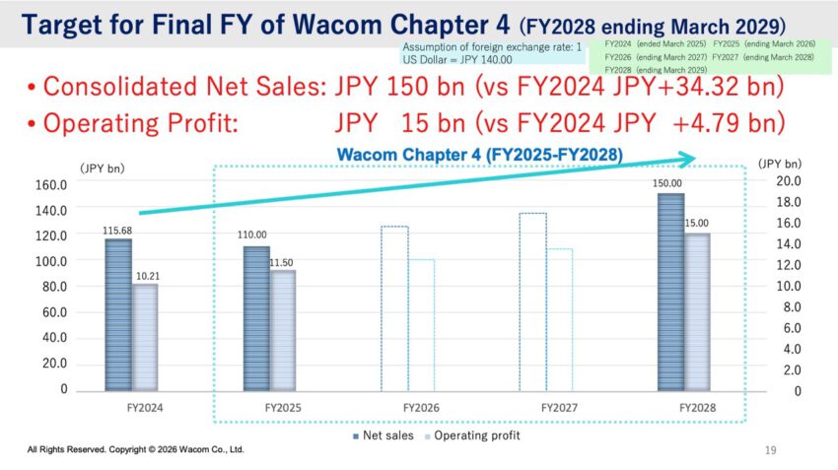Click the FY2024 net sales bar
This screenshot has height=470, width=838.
[118, 314]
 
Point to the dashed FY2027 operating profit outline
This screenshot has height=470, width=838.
[559, 319]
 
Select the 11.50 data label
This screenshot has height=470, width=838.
[282, 261]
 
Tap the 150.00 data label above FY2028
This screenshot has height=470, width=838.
[669, 183]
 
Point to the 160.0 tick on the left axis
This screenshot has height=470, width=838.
[51, 184]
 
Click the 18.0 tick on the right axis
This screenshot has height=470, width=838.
[778, 202]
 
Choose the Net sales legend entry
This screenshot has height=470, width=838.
[378, 435]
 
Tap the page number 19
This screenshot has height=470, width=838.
[771, 450]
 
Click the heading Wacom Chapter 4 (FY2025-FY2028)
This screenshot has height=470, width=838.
[482, 155]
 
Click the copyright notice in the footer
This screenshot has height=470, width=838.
[135, 449]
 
